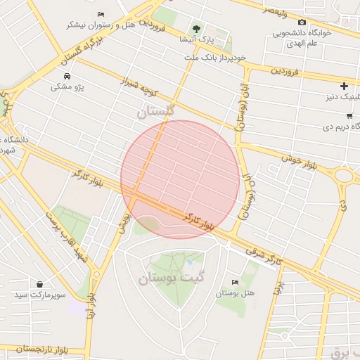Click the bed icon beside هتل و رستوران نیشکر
(x=101, y=14)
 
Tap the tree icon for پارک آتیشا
(x=196, y=29)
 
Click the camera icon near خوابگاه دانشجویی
(x=302, y=22)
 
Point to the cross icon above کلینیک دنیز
(x=344, y=86)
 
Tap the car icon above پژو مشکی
(x=66, y=76)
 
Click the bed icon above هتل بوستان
(x=234, y=282)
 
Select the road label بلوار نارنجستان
(x=35, y=349)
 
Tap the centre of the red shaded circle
(x=180, y=179)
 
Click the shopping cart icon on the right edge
(x=349, y=116)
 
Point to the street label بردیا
(x=278, y=288)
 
